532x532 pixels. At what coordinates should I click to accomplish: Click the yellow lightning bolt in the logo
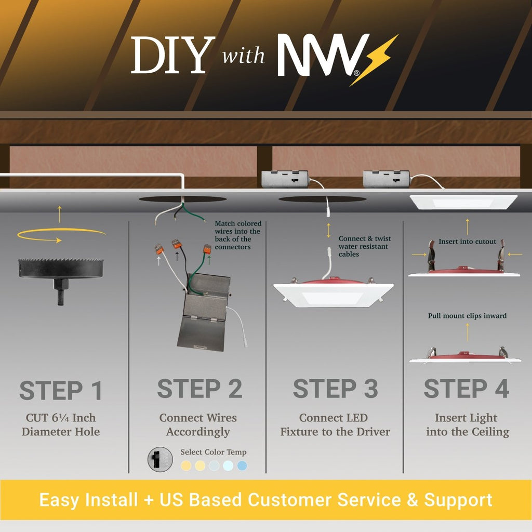pyautogui.click(x=373, y=60)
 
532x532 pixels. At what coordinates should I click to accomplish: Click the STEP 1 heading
pyautogui.click(x=61, y=390)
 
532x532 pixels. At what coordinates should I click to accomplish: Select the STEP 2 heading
pyautogui.click(x=199, y=389)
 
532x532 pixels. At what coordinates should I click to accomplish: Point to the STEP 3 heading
pyautogui.click(x=335, y=389)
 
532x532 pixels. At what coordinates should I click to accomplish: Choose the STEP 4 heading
pyautogui.click(x=467, y=389)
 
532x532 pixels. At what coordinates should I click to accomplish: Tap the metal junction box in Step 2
pyautogui.click(x=204, y=312)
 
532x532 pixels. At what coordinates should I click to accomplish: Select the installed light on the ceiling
pyautogui.click(x=463, y=202)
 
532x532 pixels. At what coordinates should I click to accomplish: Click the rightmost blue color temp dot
pyautogui.click(x=242, y=465)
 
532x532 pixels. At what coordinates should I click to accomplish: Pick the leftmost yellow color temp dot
pyautogui.click(x=186, y=465)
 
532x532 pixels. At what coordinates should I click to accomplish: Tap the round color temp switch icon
pyautogui.click(x=160, y=459)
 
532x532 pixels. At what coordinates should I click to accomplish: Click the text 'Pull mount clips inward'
pyautogui.click(x=467, y=315)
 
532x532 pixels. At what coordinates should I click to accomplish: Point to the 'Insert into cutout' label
pyautogui.click(x=467, y=241)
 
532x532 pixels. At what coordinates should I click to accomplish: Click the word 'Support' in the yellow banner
pyautogui.click(x=458, y=500)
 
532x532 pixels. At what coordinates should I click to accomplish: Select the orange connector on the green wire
pyautogui.click(x=207, y=249)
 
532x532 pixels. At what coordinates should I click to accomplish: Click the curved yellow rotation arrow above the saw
pyautogui.click(x=61, y=235)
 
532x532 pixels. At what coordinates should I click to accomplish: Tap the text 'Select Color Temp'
pyautogui.click(x=214, y=452)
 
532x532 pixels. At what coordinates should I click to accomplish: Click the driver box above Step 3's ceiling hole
pyautogui.click(x=285, y=179)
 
